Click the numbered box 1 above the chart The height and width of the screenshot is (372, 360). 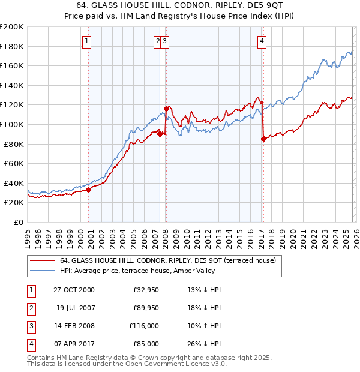(87, 41)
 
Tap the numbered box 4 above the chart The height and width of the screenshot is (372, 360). (262, 41)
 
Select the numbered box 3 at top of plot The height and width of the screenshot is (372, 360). (164, 41)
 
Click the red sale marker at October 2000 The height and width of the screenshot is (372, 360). (89, 190)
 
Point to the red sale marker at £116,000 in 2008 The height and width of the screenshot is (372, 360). (166, 109)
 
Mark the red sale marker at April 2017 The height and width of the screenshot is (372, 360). (263, 139)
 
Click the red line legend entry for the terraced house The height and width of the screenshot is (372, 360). (167, 260)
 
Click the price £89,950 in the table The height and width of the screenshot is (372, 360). (145, 308)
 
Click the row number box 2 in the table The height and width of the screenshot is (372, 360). (30, 308)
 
